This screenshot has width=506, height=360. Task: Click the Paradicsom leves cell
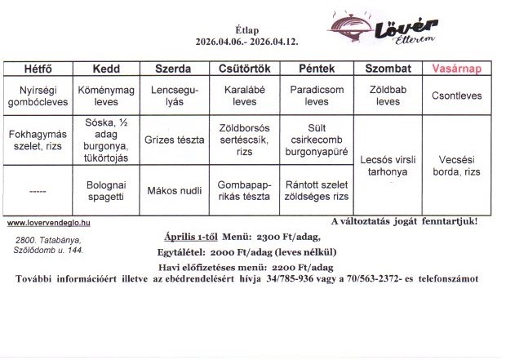point(316,96)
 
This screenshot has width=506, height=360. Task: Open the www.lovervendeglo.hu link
point(48,222)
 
